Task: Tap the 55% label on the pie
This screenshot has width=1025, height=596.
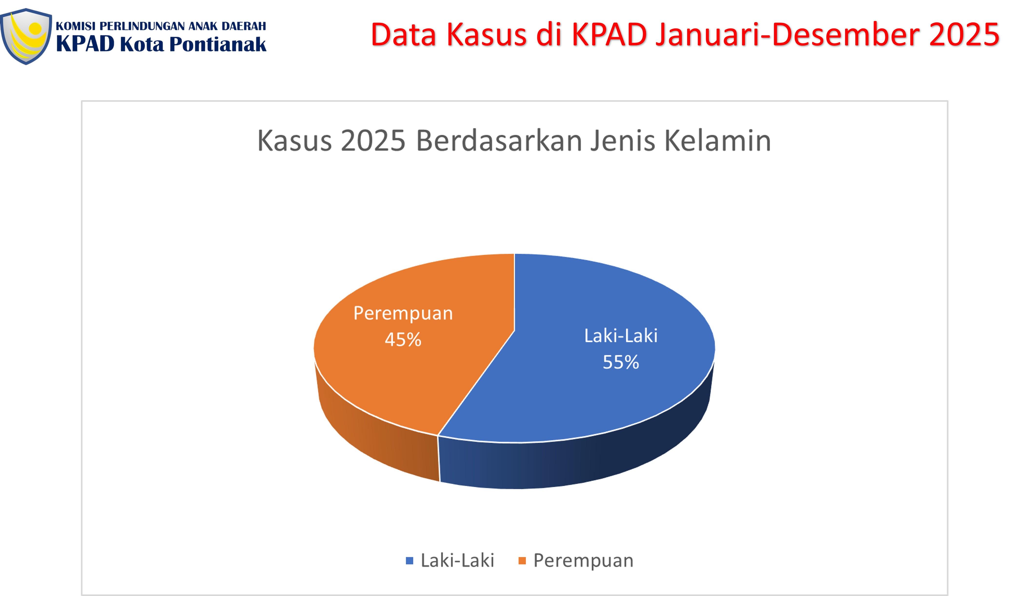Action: pos(621,362)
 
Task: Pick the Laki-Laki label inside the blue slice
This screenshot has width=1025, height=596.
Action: pos(621,336)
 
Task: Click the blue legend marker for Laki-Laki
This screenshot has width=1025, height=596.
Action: pos(410,561)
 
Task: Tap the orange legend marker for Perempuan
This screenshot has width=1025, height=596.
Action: pos(522,561)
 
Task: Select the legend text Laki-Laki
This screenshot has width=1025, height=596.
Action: pos(457,561)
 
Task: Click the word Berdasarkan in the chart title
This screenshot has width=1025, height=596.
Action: pos(499,141)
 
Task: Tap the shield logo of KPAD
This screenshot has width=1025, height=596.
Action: pos(26,37)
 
